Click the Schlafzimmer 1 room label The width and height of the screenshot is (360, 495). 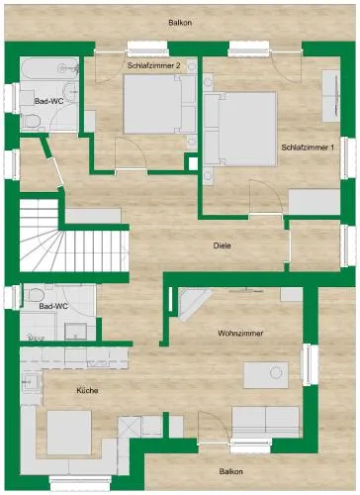click(308, 148)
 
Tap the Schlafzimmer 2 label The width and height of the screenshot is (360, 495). click(153, 65)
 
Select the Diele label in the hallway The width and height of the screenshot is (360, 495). click(222, 246)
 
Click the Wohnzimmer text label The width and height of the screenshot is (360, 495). click(240, 334)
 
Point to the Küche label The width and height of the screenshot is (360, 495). click(87, 391)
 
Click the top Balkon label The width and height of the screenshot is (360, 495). click(180, 23)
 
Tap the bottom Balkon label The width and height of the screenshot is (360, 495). click(231, 471)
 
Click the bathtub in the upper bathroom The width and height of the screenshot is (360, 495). click(50, 68)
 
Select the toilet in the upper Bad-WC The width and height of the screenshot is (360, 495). click(31, 121)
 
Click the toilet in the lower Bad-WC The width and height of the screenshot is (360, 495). click(36, 294)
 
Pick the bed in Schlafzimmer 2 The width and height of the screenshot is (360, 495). click(159, 104)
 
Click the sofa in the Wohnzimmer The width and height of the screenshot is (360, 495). click(266, 422)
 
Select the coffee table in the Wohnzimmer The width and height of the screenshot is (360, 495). click(266, 375)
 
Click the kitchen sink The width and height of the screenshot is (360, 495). click(32, 382)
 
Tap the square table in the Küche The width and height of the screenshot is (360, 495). click(69, 433)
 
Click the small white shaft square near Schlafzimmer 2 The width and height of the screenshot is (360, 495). click(193, 164)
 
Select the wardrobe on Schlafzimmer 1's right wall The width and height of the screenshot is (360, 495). click(331, 96)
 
